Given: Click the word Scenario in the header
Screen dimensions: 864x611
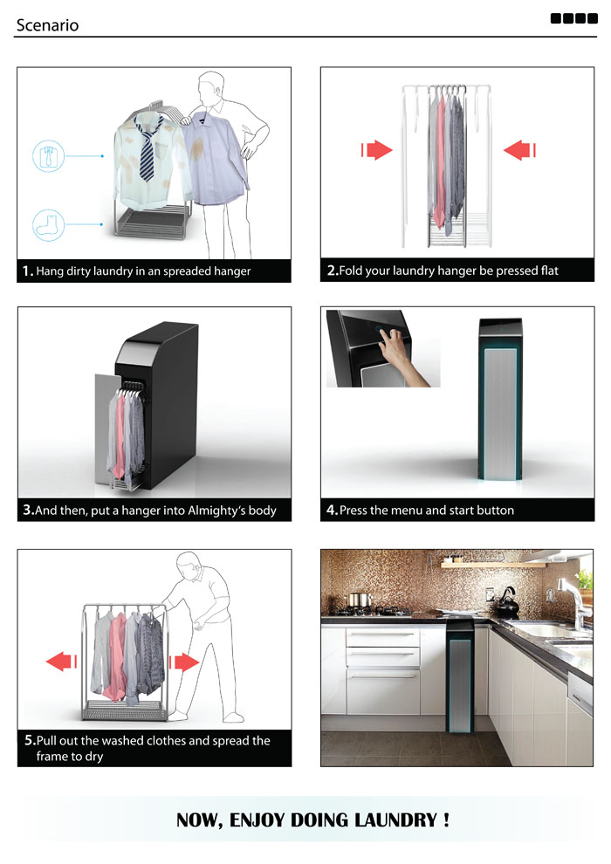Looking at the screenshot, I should [47, 24].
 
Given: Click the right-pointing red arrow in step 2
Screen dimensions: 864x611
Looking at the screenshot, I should [377, 150].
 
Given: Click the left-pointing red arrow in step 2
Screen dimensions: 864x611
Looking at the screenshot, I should [519, 150].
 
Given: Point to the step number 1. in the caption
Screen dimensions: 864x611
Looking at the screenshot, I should [28, 271].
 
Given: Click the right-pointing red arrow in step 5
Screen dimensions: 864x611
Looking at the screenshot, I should [185, 661].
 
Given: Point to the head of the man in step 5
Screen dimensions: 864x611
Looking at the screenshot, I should [188, 566].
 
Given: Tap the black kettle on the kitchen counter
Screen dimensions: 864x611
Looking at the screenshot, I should [506, 600].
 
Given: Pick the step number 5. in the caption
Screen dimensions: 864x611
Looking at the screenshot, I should [30, 741].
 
